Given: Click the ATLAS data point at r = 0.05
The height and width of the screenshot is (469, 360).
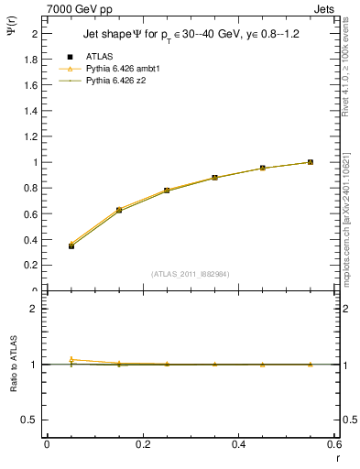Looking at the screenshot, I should coord(71,245).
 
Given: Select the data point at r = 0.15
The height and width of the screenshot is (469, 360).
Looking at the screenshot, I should coord(119,210).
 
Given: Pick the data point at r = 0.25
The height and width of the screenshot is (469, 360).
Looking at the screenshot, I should coord(167,191).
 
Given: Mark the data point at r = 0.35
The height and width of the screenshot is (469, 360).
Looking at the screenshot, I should coord(214,178).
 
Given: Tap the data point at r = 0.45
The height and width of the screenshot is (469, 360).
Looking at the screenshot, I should coord(262,169).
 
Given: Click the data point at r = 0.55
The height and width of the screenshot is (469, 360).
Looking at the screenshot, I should coord(311,162).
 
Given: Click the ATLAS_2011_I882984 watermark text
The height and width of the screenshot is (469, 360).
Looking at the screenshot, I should coord(190,274).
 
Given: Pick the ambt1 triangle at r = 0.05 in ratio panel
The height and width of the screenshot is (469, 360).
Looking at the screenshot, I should coord(71,359).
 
